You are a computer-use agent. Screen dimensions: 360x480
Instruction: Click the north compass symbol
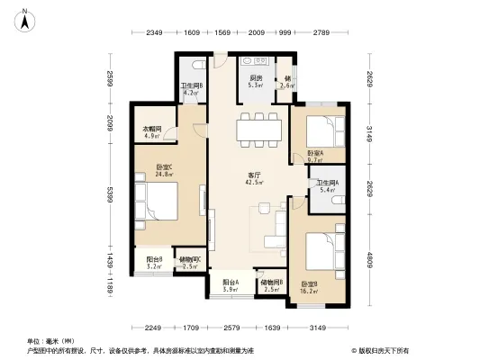[x=28, y=18]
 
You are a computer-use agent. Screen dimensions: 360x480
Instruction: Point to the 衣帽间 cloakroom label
[x=150, y=130]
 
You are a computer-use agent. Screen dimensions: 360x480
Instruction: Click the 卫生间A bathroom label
[x=324, y=184]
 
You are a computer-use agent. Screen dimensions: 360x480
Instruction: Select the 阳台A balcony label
[x=231, y=283]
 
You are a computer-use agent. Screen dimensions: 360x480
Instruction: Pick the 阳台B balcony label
[x=154, y=260]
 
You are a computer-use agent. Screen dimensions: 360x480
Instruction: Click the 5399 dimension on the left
[x=110, y=195]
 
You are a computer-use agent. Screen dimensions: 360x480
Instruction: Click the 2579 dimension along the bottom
[x=231, y=328]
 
